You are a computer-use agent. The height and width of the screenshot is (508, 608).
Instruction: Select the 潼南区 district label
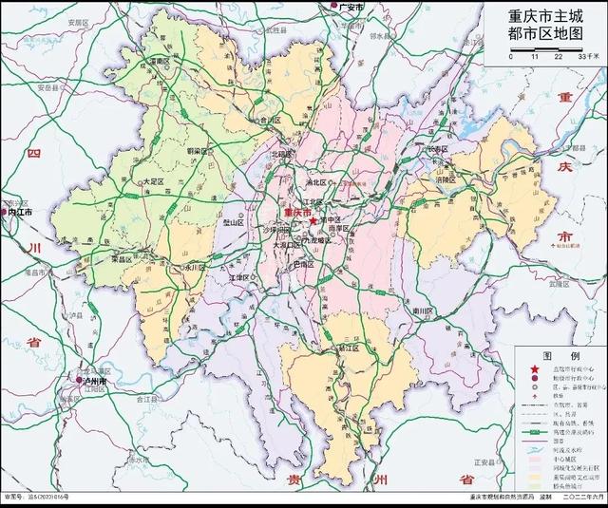pyautogui.click(x=159, y=61)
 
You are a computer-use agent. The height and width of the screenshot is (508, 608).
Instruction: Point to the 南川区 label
pyautogui.click(x=423, y=310)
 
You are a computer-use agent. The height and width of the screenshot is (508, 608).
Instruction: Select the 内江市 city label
pyautogui.click(x=20, y=213)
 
